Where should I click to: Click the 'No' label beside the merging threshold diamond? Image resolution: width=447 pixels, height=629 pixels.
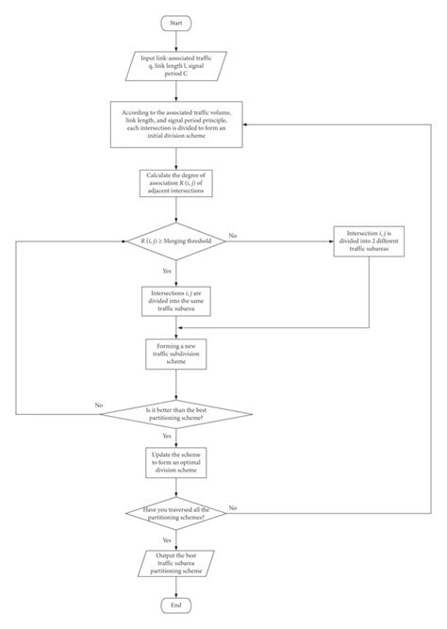coord(232,234)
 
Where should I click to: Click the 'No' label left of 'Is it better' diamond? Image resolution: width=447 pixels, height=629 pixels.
coord(98,405)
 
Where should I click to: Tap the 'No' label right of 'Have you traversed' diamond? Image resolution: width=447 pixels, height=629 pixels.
coord(232,506)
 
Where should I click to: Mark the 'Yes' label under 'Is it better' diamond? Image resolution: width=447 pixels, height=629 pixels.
coord(166,437)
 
